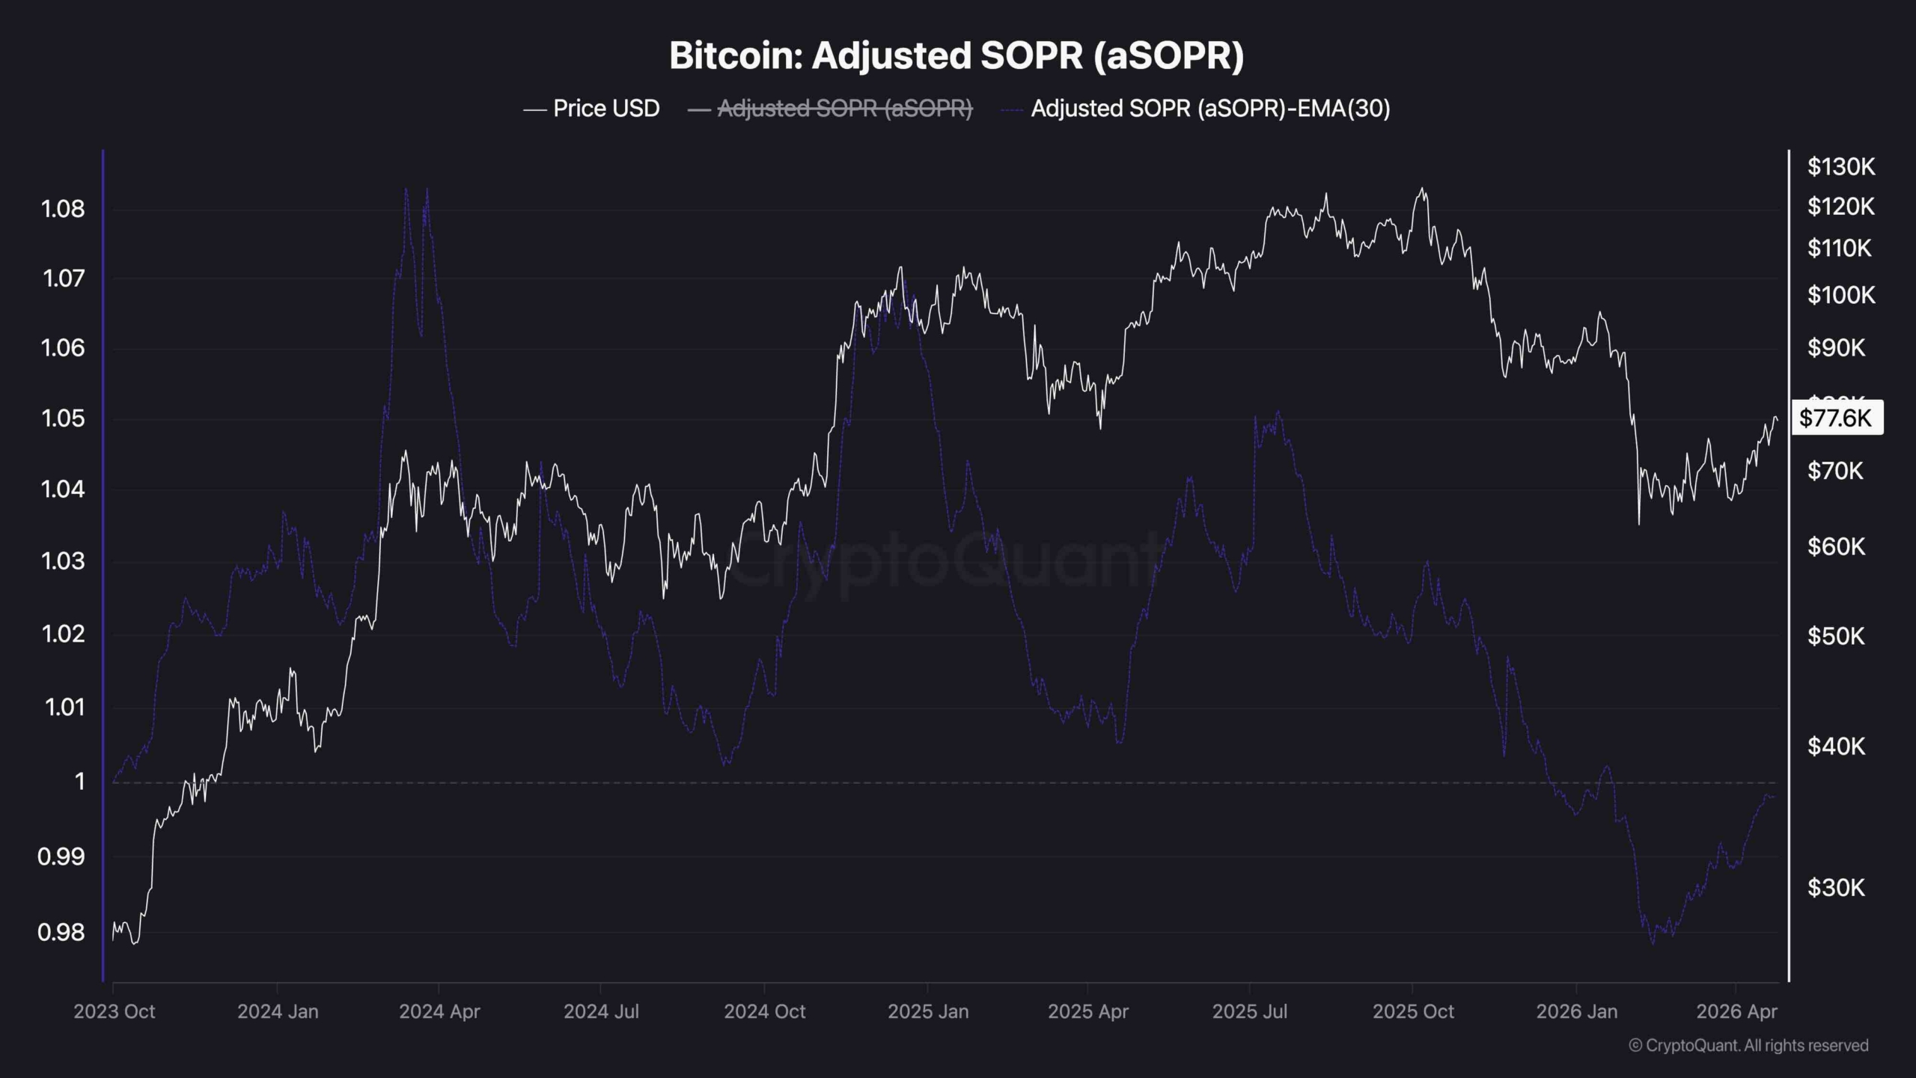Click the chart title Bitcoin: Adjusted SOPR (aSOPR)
[957, 55]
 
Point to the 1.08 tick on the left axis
[63, 208]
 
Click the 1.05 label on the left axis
[63, 418]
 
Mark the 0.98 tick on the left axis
[61, 932]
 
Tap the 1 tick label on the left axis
[79, 782]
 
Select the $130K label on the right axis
[1841, 166]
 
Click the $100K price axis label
[1841, 295]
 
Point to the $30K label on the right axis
[1837, 887]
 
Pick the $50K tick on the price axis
[1837, 636]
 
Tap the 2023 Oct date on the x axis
[114, 1011]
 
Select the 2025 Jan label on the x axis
[928, 1011]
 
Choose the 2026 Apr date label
[1736, 1011]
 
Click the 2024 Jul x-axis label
[601, 1011]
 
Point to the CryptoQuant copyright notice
[1748, 1045]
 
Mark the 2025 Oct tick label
[1413, 1011]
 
